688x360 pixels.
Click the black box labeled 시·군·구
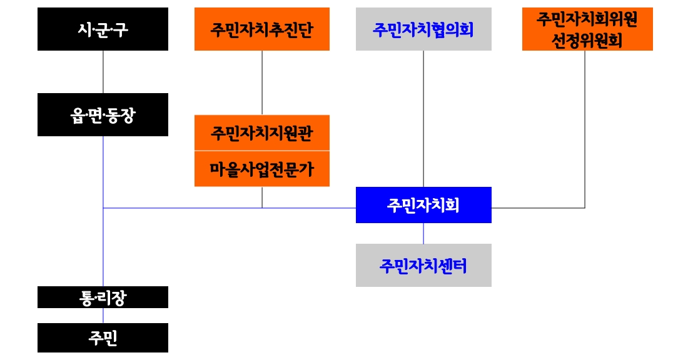[103, 29]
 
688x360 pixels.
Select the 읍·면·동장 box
[103, 115]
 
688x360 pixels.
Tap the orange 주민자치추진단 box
[261, 29]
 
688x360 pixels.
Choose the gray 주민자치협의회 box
[423, 29]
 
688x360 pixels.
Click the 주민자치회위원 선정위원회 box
[587, 29]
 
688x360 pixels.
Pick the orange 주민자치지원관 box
[261, 133]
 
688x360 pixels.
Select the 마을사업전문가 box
[261, 169]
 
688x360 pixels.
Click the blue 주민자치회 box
[423, 205]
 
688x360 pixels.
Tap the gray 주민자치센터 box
[423, 266]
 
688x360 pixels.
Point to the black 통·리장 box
[103, 297]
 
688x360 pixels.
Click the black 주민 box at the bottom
[103, 338]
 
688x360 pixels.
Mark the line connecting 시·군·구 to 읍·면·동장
[103, 72]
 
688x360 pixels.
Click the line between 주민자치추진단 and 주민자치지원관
[262, 82]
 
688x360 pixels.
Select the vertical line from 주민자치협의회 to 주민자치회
[423, 119]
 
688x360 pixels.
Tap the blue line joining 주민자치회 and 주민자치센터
[423, 233]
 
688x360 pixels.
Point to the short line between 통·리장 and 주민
[103, 316]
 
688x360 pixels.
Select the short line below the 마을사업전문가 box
[262, 197]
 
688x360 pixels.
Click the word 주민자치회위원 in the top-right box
[587, 20]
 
